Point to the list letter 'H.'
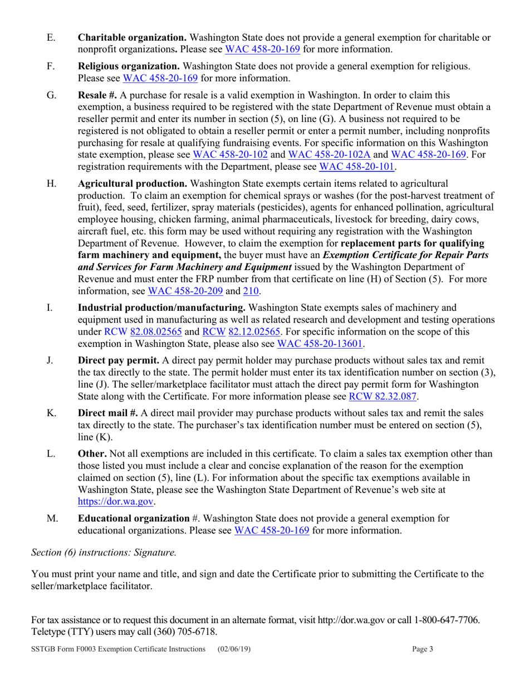pyautogui.click(x=52, y=184)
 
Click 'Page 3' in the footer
pyautogui.click(x=423, y=649)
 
